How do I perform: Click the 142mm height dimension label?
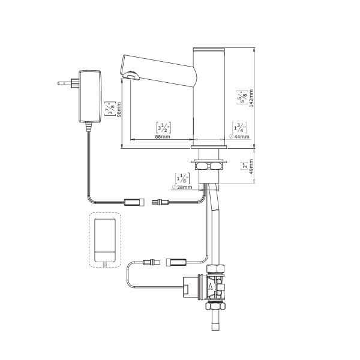pyautogui.click(x=251, y=98)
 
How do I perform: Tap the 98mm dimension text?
pyautogui.click(x=119, y=110)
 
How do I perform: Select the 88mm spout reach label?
pyautogui.click(x=163, y=137)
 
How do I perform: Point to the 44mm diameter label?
pyautogui.click(x=239, y=137)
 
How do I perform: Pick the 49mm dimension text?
pyautogui.click(x=251, y=166)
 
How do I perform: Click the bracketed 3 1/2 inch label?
pyautogui.click(x=163, y=128)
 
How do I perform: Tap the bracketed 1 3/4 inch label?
pyautogui.click(x=239, y=128)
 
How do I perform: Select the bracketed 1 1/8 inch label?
pyautogui.click(x=182, y=178)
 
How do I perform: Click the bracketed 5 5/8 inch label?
pyautogui.click(x=242, y=97)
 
